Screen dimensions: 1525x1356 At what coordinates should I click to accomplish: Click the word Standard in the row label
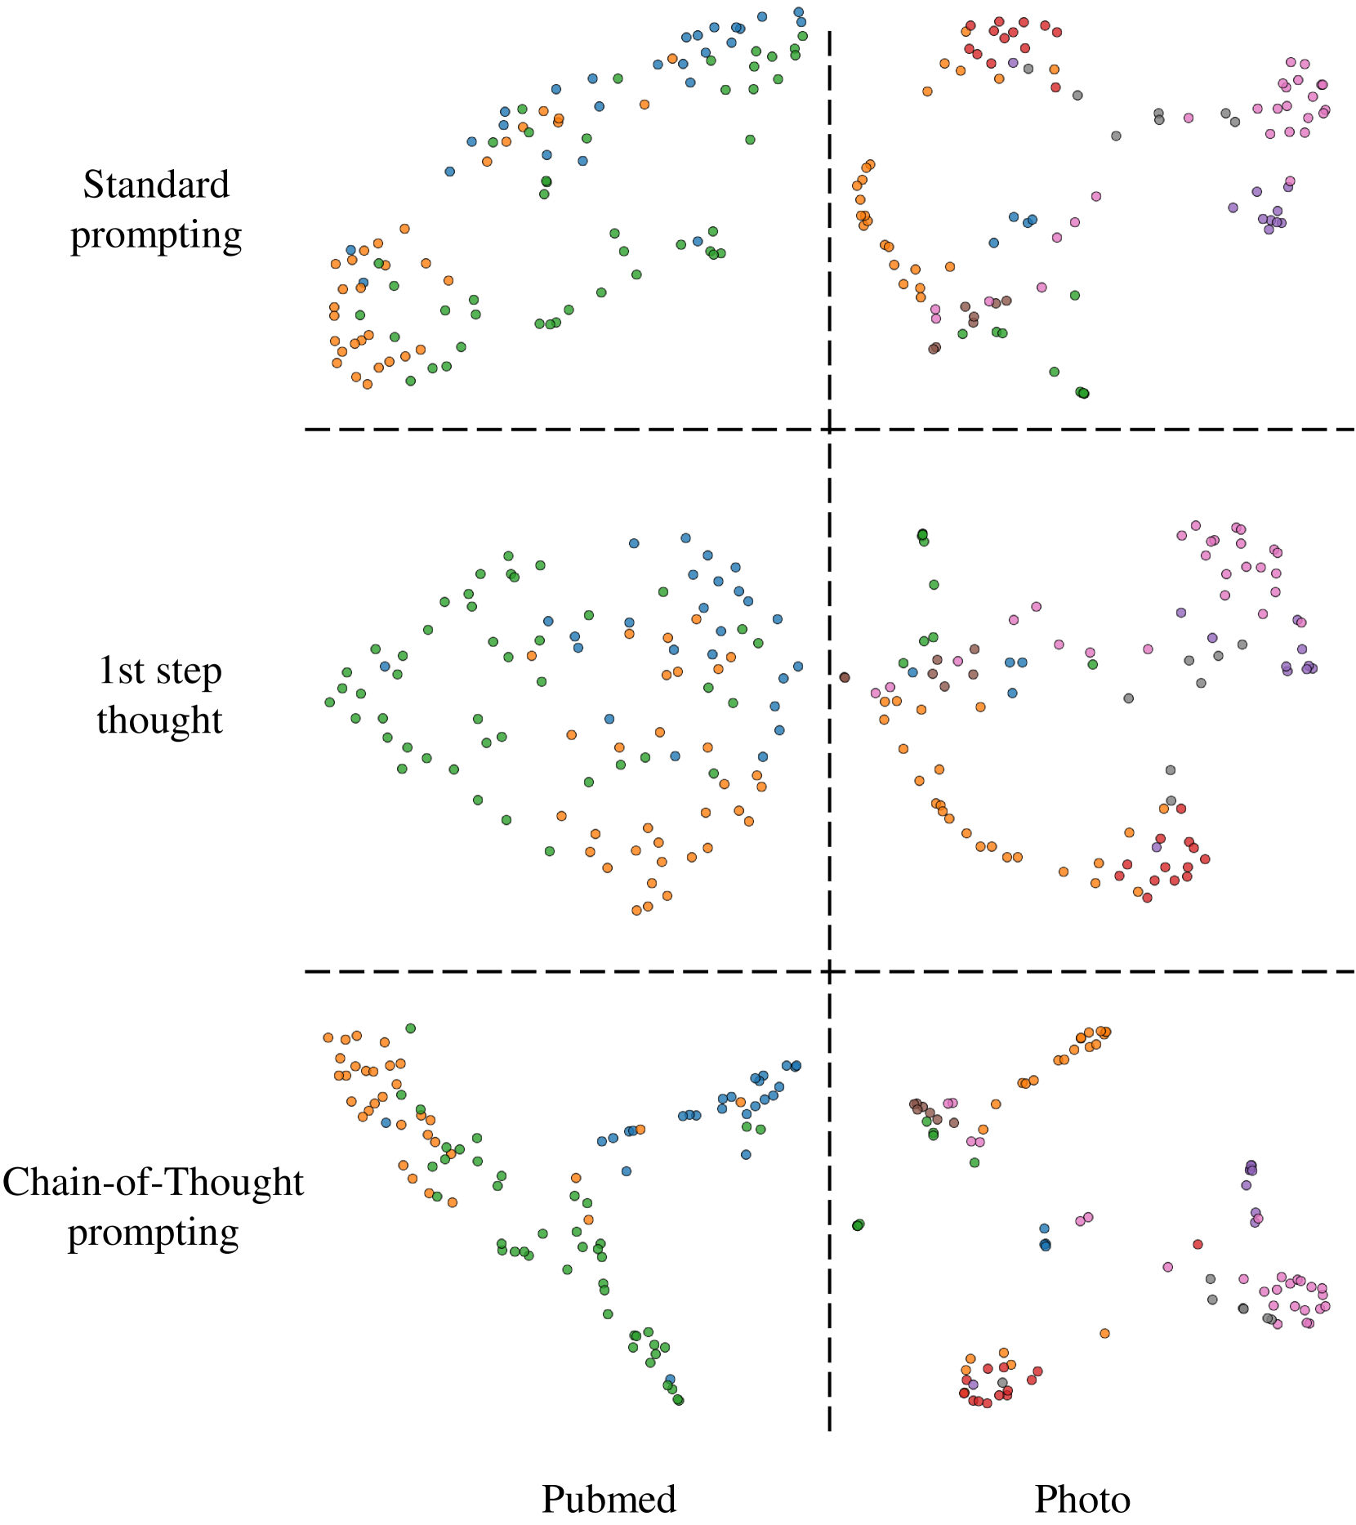point(156,185)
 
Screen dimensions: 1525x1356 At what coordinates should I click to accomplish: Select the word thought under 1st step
point(159,720)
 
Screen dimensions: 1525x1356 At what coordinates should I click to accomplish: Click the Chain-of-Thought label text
point(153,1182)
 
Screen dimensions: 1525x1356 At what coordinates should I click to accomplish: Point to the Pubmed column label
point(609,1500)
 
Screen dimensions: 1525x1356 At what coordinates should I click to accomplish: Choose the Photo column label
point(1082,1500)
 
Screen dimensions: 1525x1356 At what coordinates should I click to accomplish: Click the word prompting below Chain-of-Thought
point(153,1233)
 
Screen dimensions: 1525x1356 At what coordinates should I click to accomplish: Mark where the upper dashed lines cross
point(829,429)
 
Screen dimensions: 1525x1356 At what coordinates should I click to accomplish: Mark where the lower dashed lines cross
point(829,972)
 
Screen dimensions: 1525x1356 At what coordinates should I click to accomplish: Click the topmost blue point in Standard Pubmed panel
point(798,12)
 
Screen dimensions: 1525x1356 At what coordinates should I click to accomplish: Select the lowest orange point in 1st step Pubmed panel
point(636,910)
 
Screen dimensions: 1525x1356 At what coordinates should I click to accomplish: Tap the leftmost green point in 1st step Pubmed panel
point(330,702)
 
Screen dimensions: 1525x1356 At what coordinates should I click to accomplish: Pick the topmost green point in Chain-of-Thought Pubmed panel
point(411,1028)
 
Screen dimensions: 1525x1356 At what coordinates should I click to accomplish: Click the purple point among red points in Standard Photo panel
point(1013,62)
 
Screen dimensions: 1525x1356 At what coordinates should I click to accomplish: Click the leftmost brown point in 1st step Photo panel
point(845,677)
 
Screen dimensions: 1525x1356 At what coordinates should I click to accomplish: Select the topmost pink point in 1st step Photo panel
point(1196,525)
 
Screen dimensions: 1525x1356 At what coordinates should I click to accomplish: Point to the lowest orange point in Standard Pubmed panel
point(368,384)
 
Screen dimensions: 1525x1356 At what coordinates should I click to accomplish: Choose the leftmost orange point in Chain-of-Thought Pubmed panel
point(328,1037)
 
